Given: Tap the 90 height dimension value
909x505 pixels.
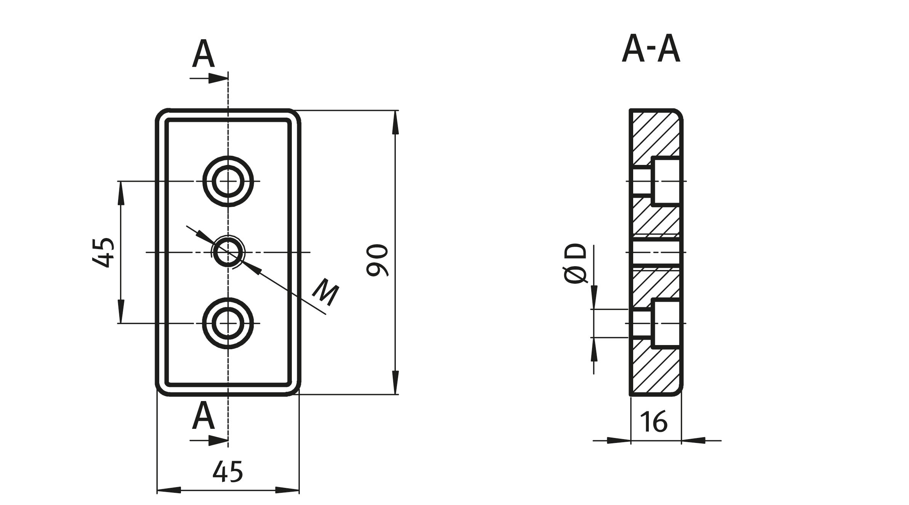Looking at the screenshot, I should [377, 260].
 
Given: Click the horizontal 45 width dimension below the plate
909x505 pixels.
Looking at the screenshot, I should [227, 471].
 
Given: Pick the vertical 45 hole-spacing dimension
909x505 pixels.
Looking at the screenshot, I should [103, 252].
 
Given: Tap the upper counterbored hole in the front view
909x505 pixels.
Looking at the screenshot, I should [228, 181].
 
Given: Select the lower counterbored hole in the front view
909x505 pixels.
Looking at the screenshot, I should [228, 323].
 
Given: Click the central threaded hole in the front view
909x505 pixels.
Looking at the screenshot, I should [228, 252].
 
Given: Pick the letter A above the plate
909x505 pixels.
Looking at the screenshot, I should [203, 54].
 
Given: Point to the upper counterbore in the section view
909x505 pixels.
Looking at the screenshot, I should [666, 181].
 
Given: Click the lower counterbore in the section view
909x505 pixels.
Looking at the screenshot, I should [666, 323].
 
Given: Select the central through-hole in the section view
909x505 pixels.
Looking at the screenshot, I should [655, 252].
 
